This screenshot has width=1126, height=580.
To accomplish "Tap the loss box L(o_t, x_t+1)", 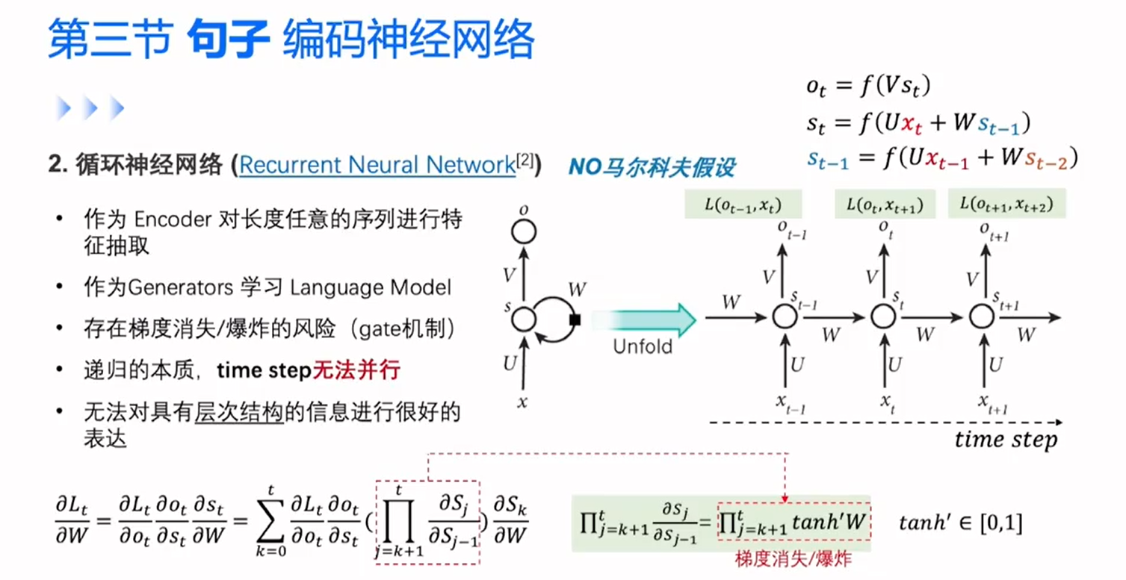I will (x=885, y=204).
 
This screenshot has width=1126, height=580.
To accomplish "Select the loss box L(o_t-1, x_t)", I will (x=741, y=204).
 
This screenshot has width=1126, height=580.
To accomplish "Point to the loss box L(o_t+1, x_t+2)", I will (x=1007, y=204).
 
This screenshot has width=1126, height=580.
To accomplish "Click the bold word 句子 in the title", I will (x=227, y=39).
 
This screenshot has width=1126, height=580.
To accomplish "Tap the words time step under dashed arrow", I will (x=1006, y=440).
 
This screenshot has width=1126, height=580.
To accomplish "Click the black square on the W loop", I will (x=575, y=320).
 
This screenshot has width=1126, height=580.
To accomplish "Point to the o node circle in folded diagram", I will (x=525, y=232).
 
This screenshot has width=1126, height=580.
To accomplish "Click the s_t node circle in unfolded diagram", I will (x=882, y=316).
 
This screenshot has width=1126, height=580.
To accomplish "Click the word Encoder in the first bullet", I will (x=173, y=222).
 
